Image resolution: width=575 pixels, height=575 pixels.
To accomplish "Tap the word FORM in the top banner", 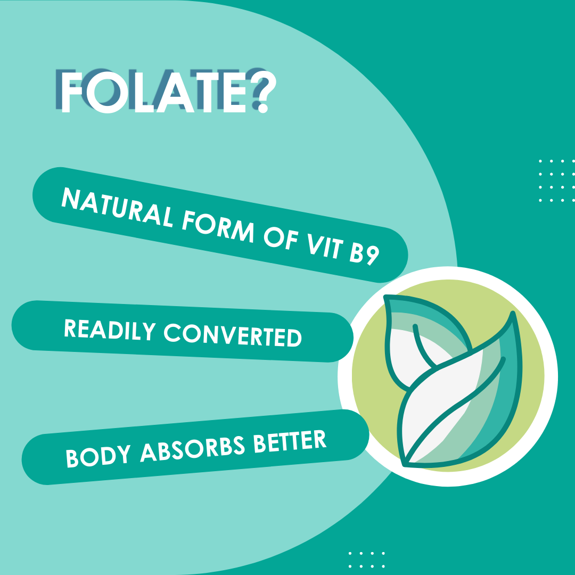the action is tap(218, 226).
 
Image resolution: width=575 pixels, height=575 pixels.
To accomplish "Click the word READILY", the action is tap(110, 330).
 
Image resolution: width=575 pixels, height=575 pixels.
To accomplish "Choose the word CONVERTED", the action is tap(233, 335).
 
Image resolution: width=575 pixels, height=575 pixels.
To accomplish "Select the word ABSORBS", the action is tap(192, 448).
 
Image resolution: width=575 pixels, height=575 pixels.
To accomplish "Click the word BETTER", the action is tap(290, 441).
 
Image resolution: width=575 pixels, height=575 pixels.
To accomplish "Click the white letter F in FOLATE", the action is tap(71, 92).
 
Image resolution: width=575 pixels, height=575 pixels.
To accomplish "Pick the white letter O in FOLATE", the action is tap(107, 92).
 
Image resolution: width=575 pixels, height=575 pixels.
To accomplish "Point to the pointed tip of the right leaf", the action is tap(513, 314).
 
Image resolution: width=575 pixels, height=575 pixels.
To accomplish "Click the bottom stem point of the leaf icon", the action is tap(405, 464).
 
